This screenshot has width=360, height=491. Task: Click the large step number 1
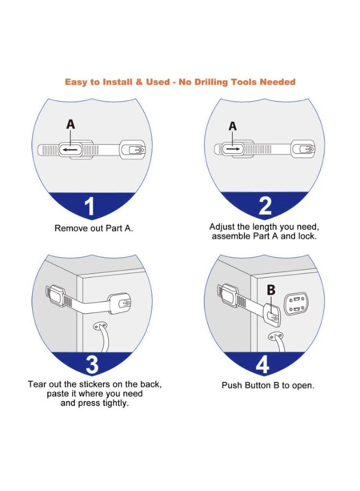(x=91, y=206)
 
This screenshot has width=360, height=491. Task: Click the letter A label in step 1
(x=70, y=125)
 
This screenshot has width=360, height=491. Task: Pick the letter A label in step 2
(x=233, y=126)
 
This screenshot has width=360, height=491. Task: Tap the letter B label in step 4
(x=271, y=291)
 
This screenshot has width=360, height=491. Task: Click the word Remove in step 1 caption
(x=69, y=228)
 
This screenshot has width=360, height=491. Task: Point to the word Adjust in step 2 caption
(x=221, y=226)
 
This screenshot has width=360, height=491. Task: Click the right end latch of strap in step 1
(x=133, y=149)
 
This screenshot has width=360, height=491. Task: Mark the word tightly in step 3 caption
(x=115, y=404)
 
